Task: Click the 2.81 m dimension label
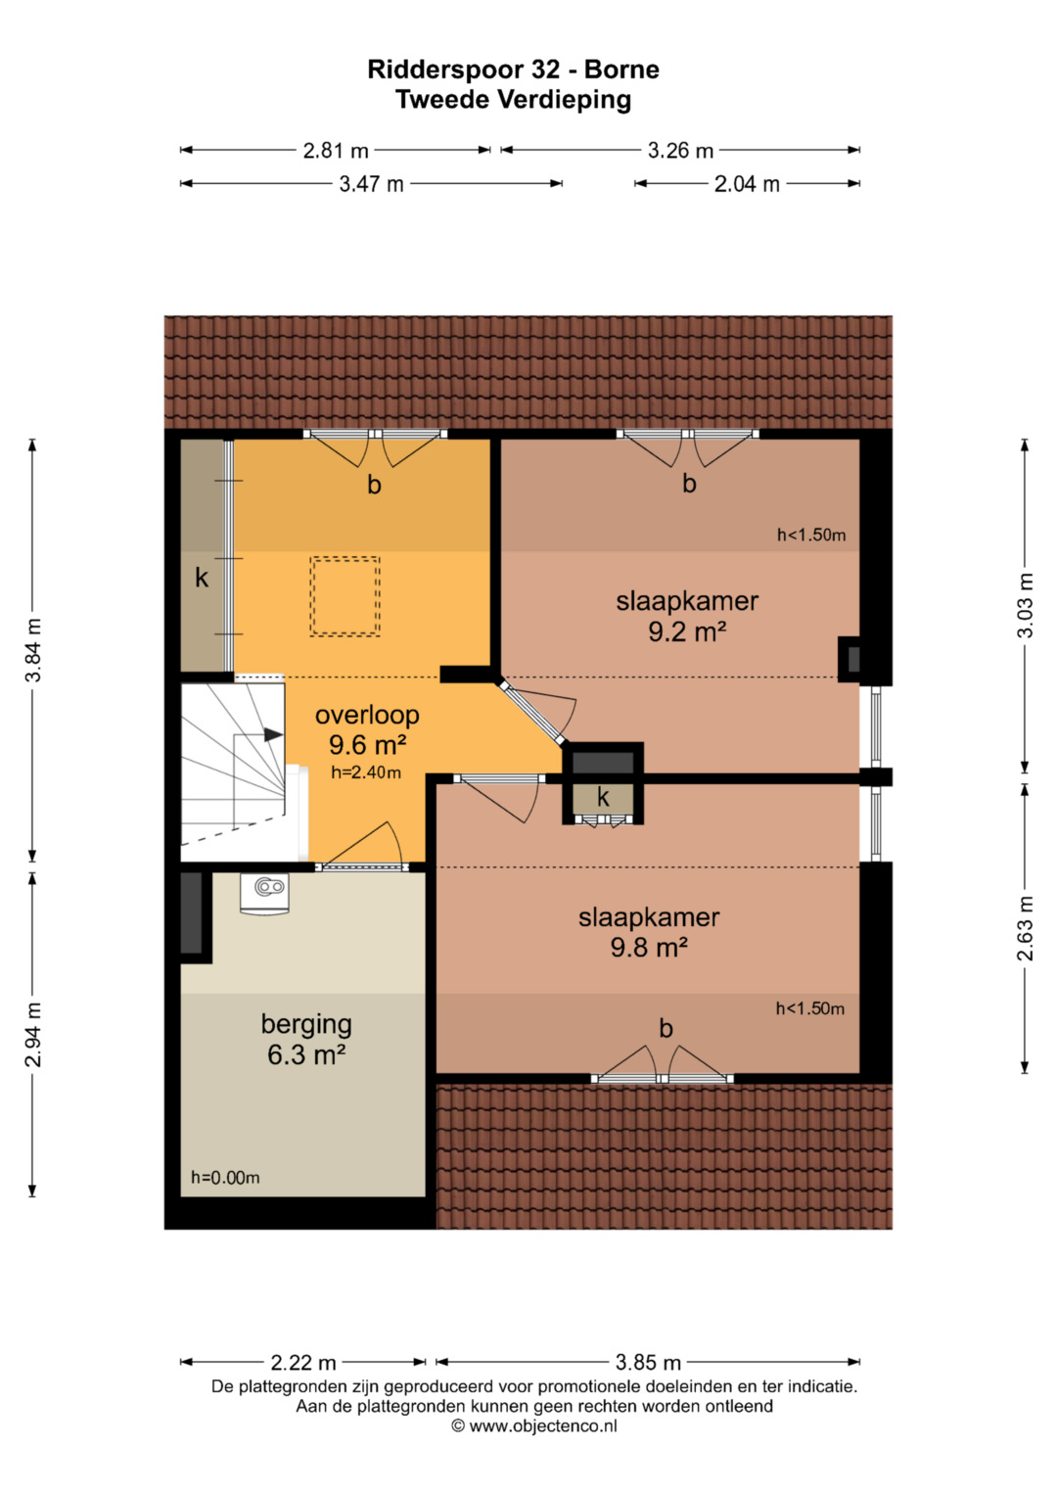[336, 150]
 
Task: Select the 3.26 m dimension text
[680, 150]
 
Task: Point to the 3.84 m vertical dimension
[32, 650]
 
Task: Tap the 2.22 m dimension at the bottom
[303, 1362]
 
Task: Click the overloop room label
[367, 715]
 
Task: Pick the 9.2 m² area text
[687, 631]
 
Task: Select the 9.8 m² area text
[649, 947]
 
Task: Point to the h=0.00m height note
[225, 1178]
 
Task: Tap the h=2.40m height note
[366, 772]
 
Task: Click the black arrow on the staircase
[273, 734]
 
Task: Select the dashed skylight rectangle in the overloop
[345, 596]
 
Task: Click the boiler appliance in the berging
[265, 894]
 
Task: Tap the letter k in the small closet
[603, 797]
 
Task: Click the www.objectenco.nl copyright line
[533, 1426]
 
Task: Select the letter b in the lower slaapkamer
[666, 1028]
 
